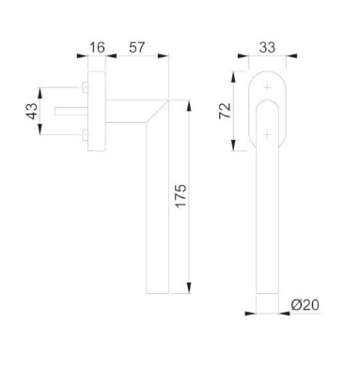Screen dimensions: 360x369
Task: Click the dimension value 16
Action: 97,48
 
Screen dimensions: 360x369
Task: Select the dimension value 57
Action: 136,48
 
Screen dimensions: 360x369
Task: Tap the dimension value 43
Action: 32,111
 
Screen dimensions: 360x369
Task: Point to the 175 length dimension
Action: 180,196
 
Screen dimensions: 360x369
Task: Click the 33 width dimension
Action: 267,48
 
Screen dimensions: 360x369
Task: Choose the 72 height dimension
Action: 225,111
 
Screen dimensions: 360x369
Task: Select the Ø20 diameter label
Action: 305,305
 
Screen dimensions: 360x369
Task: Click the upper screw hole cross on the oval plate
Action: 267,87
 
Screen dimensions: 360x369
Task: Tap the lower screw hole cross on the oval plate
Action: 267,135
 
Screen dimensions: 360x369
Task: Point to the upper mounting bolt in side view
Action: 85,87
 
